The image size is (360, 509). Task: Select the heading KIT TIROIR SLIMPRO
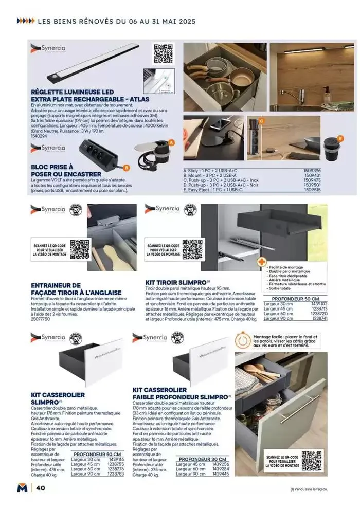(175, 282)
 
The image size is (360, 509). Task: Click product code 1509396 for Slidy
(312, 170)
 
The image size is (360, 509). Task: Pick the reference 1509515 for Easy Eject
(312, 190)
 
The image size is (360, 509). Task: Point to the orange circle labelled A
(172, 142)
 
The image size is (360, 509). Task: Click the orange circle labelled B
(127, 167)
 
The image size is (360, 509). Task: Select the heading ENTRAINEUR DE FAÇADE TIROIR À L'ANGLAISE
(76, 288)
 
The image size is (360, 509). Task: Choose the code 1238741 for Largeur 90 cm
(319, 319)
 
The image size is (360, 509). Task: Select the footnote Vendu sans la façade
(305, 490)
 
